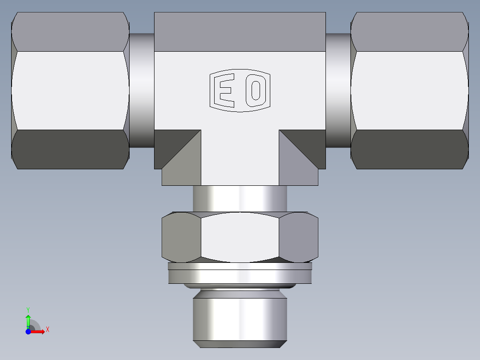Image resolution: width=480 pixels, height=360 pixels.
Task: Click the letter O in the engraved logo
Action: tap(256, 91)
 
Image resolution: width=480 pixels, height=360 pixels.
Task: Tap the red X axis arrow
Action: tap(40, 331)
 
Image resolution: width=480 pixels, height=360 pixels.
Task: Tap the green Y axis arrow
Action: tap(28, 320)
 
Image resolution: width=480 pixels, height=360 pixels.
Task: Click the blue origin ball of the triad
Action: tap(28, 331)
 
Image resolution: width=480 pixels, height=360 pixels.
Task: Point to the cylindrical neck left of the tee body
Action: tap(142, 90)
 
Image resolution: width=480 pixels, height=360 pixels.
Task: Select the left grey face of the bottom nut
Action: tap(180, 237)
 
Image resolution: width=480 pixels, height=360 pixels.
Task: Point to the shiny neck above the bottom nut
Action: tap(240, 198)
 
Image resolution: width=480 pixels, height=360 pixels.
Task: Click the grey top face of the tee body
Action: tap(240, 31)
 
